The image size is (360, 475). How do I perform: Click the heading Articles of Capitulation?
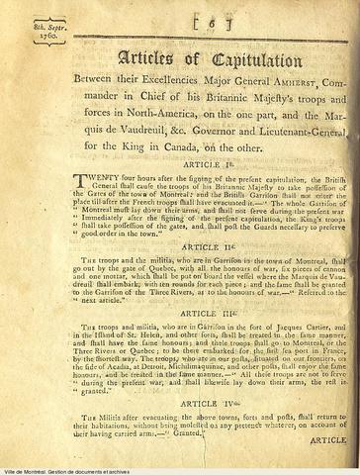coord(185,58)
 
